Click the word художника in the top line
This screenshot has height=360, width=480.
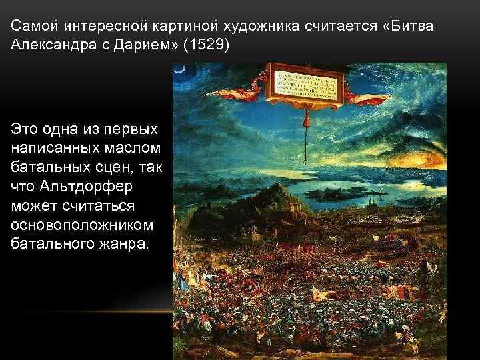(x=267, y=26)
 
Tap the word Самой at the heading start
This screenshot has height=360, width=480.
(x=32, y=26)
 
